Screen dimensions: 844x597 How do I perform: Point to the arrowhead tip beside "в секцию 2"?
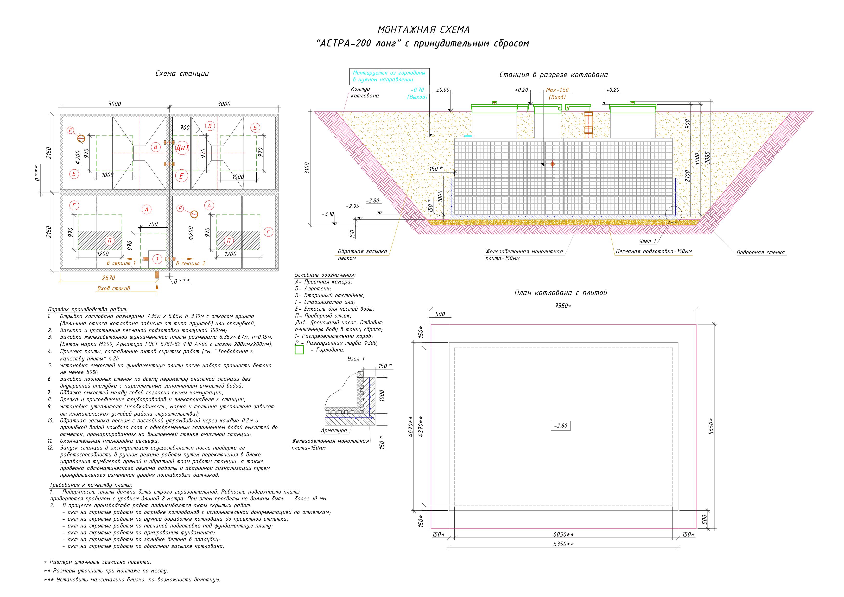(193, 259)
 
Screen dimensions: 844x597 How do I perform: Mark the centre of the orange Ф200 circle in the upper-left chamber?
(81, 139)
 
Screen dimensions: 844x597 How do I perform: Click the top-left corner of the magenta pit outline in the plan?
(431, 324)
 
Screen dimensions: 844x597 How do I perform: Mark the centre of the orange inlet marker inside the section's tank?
(552, 164)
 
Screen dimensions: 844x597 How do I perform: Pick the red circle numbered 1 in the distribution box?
(157, 259)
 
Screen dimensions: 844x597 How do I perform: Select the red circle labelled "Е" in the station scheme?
(181, 176)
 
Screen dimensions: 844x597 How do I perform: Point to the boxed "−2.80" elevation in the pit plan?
(561, 426)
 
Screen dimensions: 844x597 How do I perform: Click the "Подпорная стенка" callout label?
(761, 252)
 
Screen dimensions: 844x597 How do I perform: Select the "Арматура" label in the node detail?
(334, 430)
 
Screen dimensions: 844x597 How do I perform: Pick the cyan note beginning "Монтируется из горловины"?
(389, 76)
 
